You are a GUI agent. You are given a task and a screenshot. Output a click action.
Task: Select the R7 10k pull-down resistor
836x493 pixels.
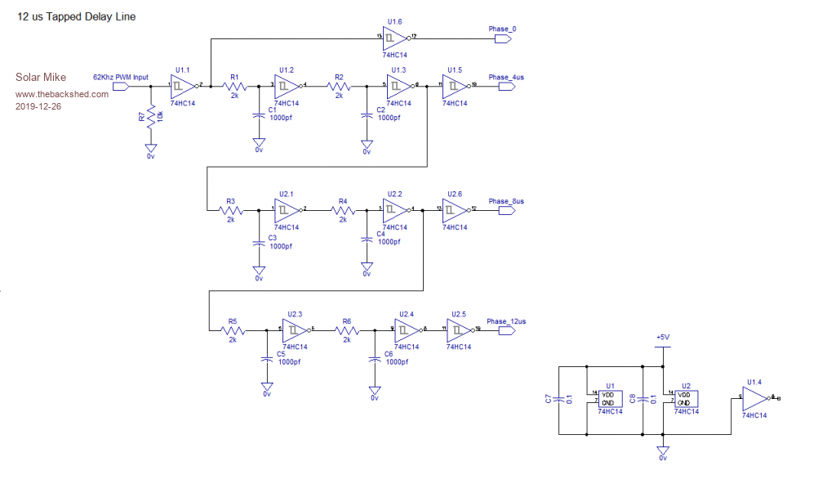click(x=150, y=119)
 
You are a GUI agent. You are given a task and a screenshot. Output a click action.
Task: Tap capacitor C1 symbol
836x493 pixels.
click(x=259, y=116)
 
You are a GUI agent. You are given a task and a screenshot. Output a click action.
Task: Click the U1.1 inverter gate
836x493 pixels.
click(x=182, y=85)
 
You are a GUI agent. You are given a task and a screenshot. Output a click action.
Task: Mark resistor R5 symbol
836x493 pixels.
click(x=233, y=330)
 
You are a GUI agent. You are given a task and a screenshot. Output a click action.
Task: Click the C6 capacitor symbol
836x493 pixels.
click(x=375, y=358)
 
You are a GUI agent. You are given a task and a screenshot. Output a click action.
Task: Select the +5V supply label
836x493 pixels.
click(x=664, y=337)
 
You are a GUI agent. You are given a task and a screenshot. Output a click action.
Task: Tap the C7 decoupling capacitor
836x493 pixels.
click(x=557, y=399)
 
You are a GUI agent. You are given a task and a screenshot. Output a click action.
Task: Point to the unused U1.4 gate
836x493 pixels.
click(x=755, y=398)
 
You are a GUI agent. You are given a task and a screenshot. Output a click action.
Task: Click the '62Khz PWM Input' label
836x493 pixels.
click(x=120, y=77)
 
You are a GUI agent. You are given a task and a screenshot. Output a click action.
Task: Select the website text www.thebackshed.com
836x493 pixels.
click(x=61, y=94)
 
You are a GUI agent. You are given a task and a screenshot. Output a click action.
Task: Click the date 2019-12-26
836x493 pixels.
click(x=38, y=106)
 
